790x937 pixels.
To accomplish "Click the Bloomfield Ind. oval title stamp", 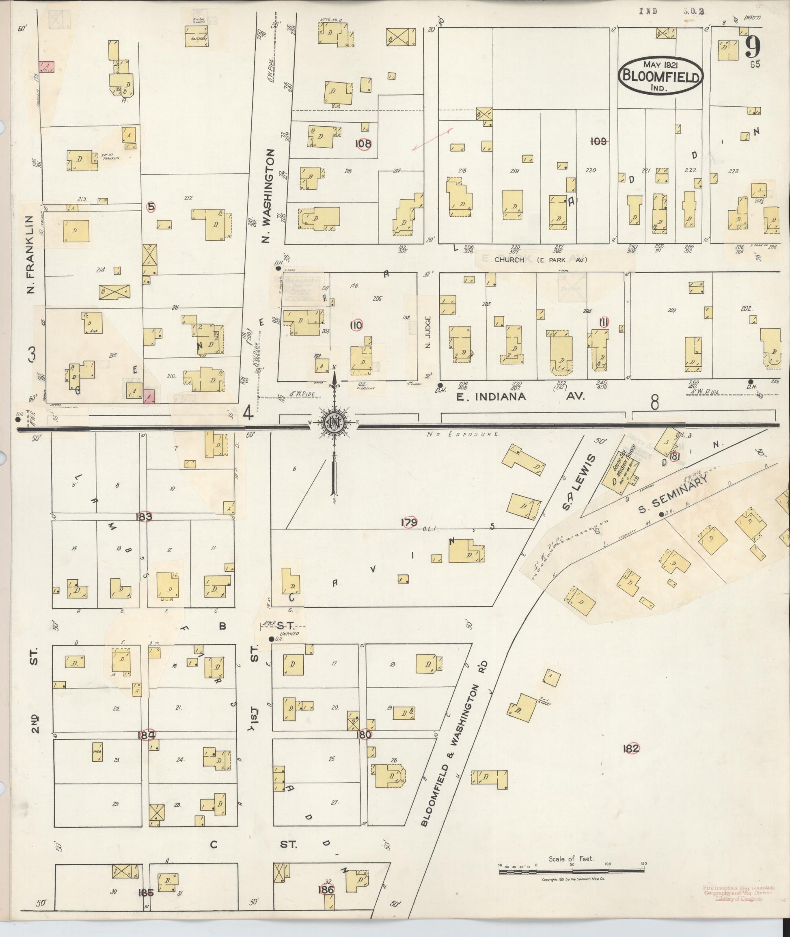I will [x=660, y=76].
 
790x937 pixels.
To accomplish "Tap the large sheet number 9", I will [x=754, y=47].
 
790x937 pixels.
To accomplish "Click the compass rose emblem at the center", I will [x=334, y=422].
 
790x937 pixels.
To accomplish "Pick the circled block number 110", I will [x=356, y=326].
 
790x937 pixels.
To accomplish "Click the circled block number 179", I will [x=409, y=522].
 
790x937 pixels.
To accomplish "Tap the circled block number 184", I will [x=147, y=735].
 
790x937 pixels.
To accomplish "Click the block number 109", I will [x=598, y=141].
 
